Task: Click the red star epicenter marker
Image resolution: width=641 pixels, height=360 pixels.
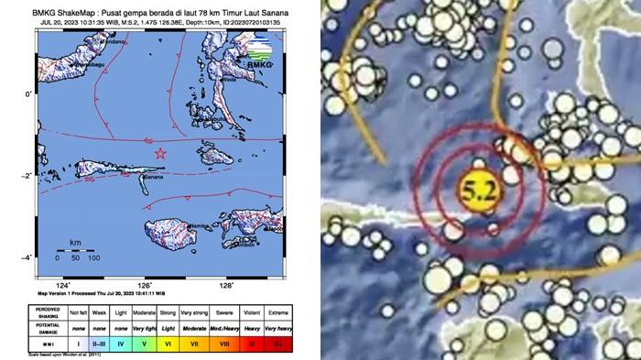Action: point(161,153)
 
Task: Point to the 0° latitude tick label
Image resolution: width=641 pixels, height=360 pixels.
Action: point(29,93)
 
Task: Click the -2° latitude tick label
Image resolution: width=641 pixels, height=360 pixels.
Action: point(28,175)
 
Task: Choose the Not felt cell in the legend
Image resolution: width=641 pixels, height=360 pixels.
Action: point(78,313)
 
